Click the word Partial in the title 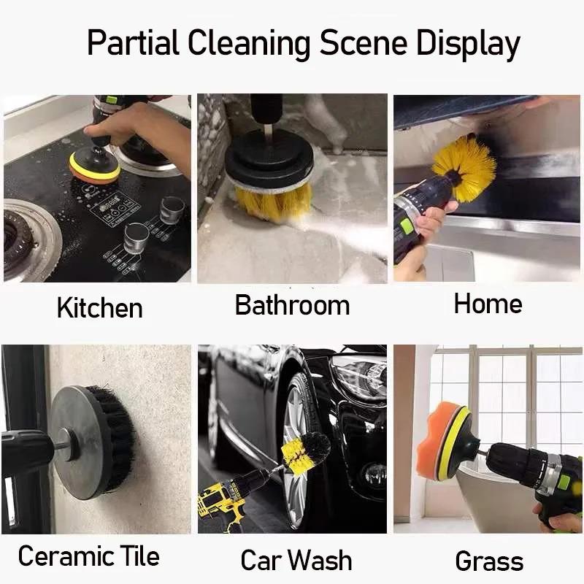pyautogui.click(x=133, y=44)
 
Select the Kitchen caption pyautogui.click(x=99, y=307)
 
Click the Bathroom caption pyautogui.click(x=292, y=305)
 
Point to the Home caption pyautogui.click(x=488, y=304)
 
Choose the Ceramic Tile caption pyautogui.click(x=88, y=556)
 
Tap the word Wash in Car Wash pyautogui.click(x=318, y=560)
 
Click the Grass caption pyautogui.click(x=489, y=561)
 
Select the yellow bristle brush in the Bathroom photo pyautogui.click(x=274, y=200)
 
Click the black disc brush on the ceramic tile pyautogui.click(x=95, y=442)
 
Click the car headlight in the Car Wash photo pyautogui.click(x=358, y=376)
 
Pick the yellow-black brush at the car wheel pyautogui.click(x=303, y=453)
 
